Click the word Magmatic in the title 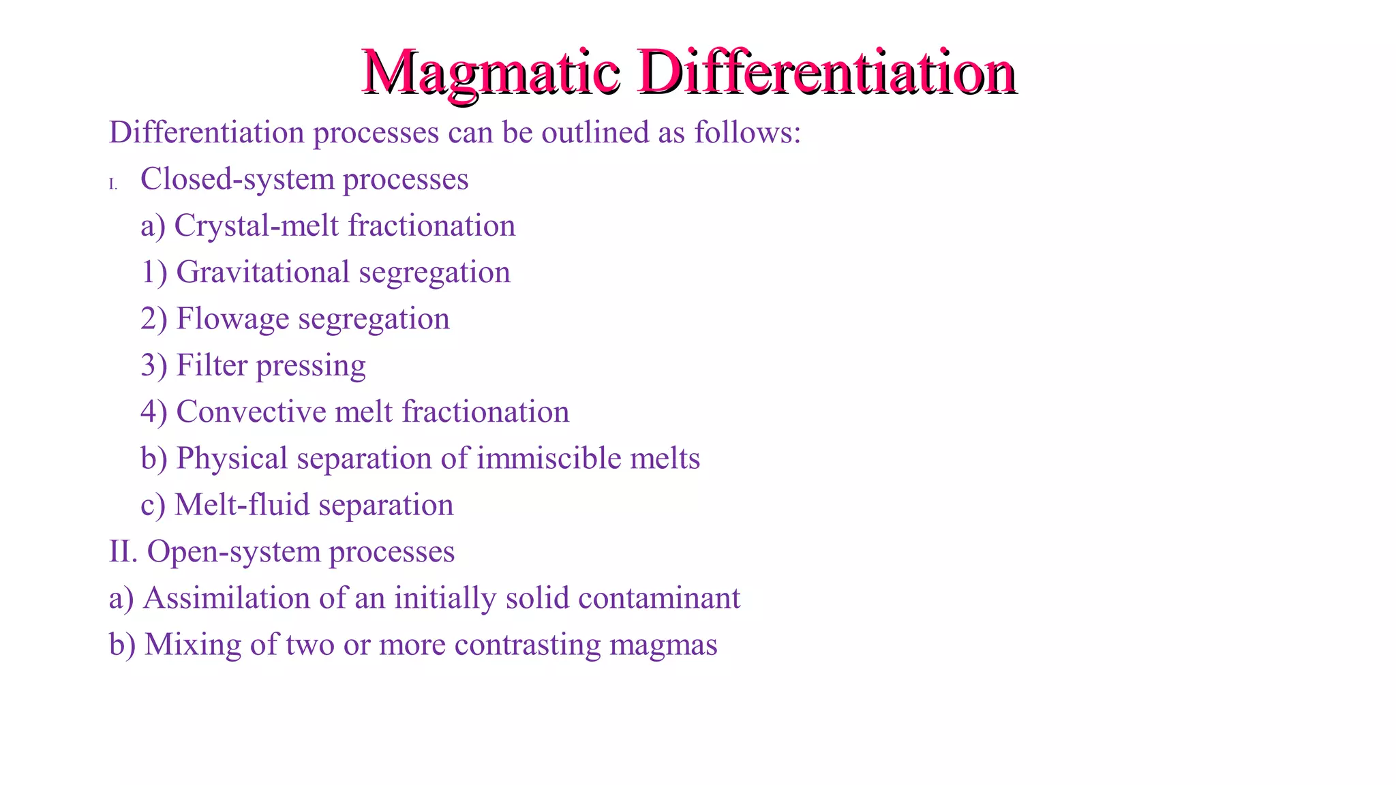click(491, 72)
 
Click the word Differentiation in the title click(827, 72)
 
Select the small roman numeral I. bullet click(113, 184)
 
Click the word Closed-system click(237, 180)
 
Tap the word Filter click(211, 365)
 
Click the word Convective click(251, 412)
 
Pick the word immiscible click(549, 458)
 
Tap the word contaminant click(658, 598)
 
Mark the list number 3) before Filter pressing click(153, 365)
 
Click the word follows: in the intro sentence click(747, 132)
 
